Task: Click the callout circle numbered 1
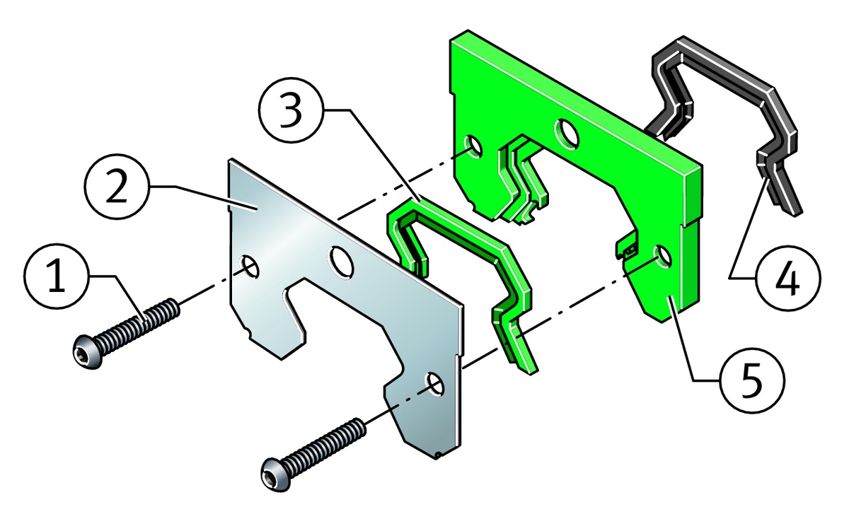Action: click(x=57, y=276)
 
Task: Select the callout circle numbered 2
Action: click(x=117, y=187)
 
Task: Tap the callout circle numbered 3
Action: click(x=291, y=110)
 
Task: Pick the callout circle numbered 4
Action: click(x=787, y=278)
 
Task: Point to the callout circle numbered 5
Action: click(x=752, y=380)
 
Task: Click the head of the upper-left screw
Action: click(x=88, y=351)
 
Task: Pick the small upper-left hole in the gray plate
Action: click(x=250, y=267)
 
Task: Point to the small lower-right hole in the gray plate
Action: click(x=436, y=385)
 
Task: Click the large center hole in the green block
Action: click(x=567, y=134)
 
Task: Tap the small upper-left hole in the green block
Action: click(x=473, y=146)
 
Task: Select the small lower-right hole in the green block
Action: click(x=662, y=257)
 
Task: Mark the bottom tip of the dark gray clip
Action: click(x=795, y=215)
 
